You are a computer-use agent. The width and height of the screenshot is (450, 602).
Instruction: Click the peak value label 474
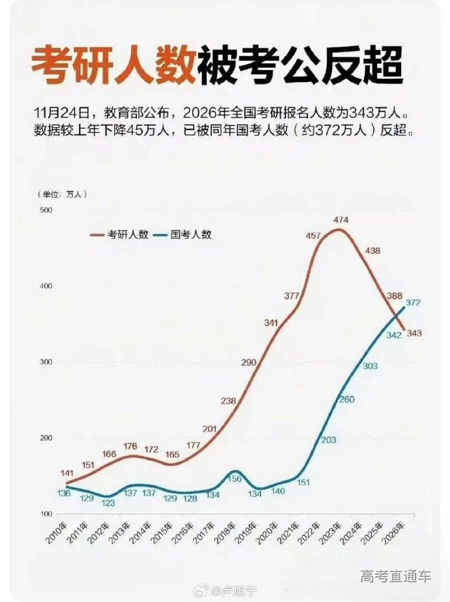click(x=340, y=220)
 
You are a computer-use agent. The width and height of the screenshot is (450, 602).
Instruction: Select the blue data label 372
click(x=412, y=303)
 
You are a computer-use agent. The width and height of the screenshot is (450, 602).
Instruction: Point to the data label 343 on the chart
click(x=413, y=333)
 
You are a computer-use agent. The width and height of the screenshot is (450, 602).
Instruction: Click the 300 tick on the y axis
click(x=46, y=362)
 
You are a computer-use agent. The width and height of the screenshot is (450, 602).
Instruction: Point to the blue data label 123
click(x=108, y=503)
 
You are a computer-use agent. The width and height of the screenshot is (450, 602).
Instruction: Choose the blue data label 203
click(x=329, y=440)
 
